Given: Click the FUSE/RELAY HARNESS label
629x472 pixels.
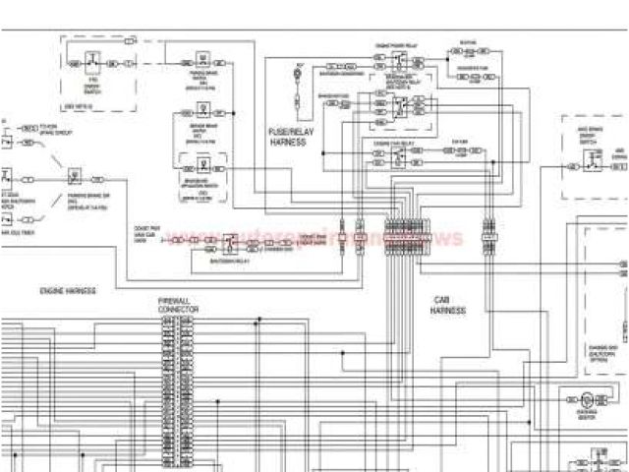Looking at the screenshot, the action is coord(287,137).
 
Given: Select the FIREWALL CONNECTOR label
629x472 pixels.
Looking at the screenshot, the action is coord(178,305).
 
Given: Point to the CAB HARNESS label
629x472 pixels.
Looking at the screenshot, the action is coord(447,305).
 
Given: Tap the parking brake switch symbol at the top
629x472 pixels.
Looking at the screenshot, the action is coord(200,61).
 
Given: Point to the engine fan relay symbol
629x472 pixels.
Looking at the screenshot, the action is coord(397,157).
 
